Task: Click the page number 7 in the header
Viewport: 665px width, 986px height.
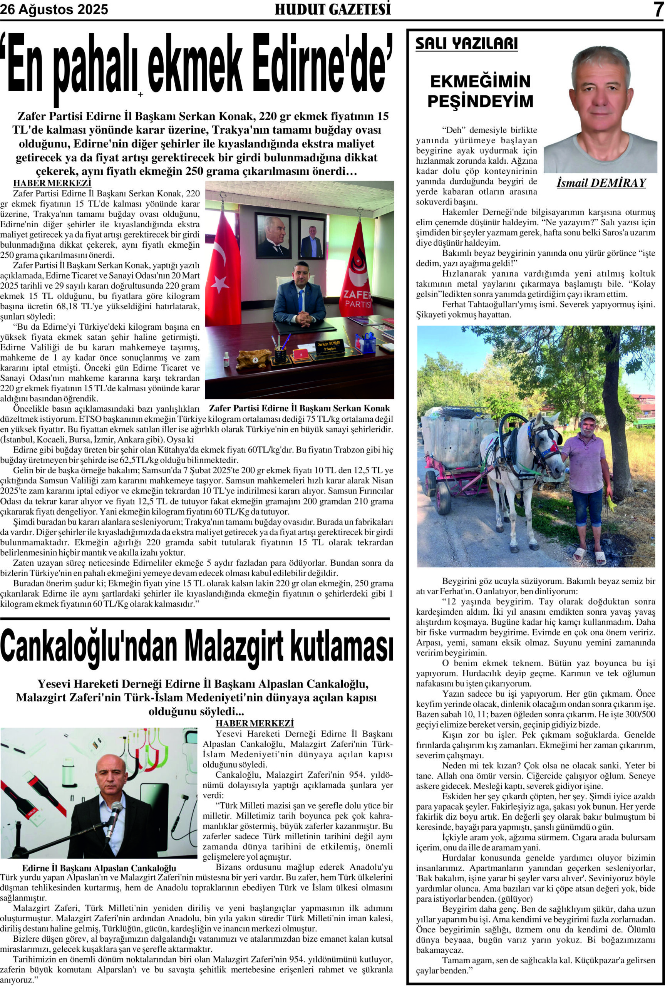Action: pyautogui.click(x=658, y=9)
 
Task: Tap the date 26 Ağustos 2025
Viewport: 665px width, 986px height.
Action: pyautogui.click(x=54, y=9)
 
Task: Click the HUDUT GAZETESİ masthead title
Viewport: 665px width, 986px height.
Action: pyautogui.click(x=333, y=9)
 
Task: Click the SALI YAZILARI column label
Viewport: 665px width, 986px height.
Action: pyautogui.click(x=467, y=44)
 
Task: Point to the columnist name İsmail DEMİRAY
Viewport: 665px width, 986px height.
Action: pyautogui.click(x=601, y=183)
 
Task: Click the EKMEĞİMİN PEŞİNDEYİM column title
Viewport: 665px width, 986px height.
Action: pyautogui.click(x=480, y=91)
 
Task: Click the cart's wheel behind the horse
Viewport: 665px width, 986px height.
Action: pyautogui.click(x=444, y=496)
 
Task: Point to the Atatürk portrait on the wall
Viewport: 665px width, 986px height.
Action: pyautogui.click(x=273, y=236)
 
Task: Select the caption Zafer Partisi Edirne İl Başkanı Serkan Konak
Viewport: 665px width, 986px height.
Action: pyautogui.click(x=300, y=408)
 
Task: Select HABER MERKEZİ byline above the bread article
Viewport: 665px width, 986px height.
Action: pyautogui.click(x=52, y=183)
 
